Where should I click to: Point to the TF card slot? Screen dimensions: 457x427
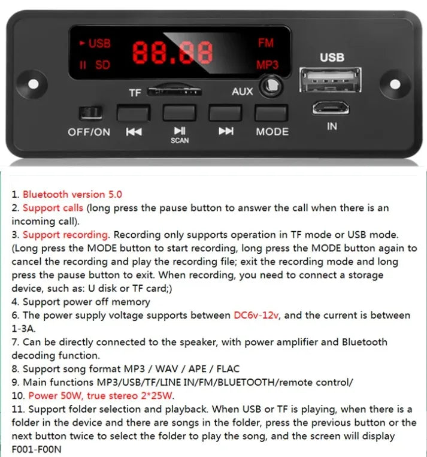pos(174,91)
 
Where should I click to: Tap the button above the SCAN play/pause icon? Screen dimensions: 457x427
pos(179,113)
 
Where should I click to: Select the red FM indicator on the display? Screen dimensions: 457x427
pos(266,43)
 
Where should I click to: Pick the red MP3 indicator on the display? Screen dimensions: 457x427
pos(268,65)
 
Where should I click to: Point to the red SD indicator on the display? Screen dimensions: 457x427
pos(102,65)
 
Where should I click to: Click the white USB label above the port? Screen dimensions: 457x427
pos(332,57)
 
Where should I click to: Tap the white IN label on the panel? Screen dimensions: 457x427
pos(332,127)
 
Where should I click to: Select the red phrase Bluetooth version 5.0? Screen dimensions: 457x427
pos(72,194)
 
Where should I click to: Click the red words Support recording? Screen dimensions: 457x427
pos(65,234)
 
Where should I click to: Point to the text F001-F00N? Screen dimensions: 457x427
pos(37,449)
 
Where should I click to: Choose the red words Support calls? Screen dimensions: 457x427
pos(53,208)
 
